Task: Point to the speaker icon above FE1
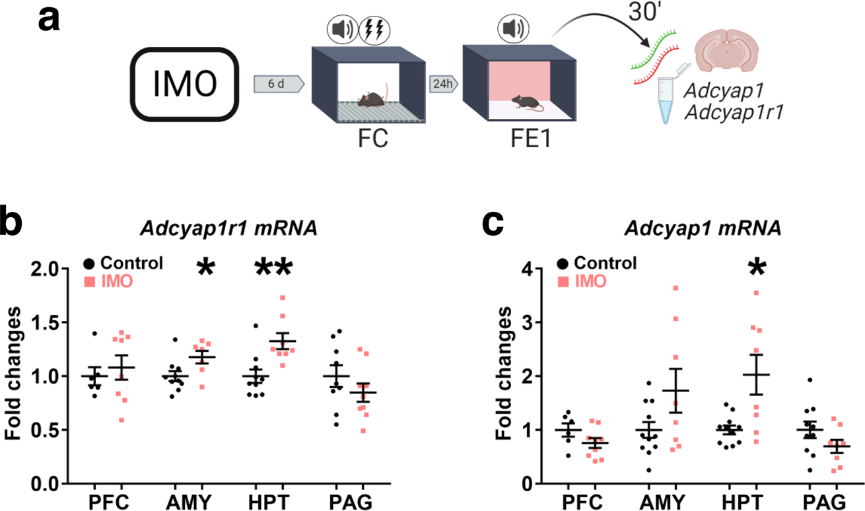click(515, 29)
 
